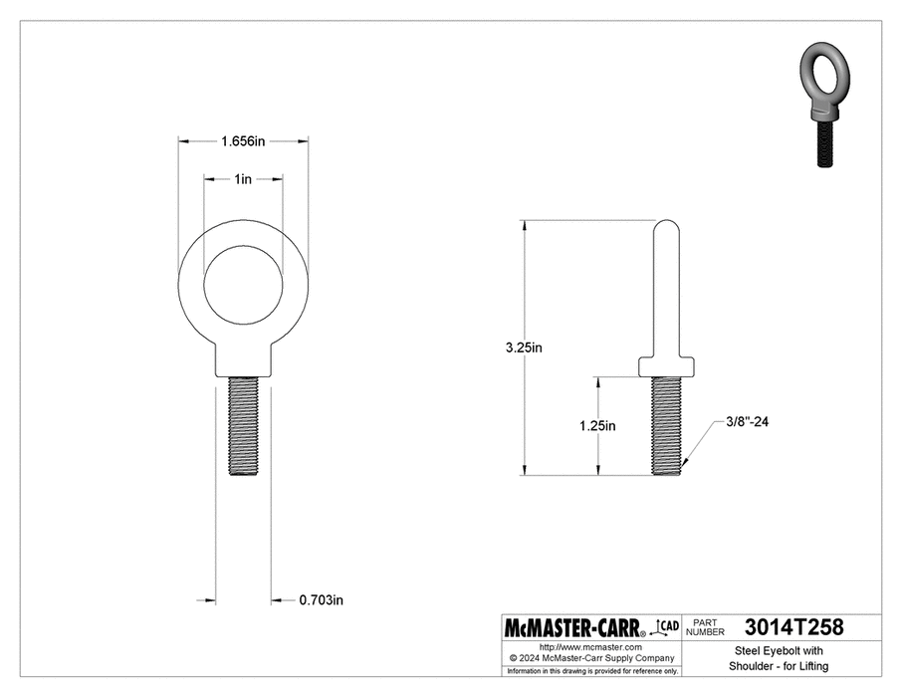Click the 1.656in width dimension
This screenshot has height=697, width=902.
coord(243,141)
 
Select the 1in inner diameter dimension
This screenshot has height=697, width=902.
coord(243,179)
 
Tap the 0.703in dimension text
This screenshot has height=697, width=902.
coord(322,600)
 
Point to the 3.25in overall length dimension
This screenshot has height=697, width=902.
coord(523,348)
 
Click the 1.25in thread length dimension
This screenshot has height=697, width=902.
coord(597,426)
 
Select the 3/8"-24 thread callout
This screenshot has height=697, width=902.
coord(746,422)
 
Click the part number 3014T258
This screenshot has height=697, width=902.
coord(793,628)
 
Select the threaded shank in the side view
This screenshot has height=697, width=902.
coord(668,425)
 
